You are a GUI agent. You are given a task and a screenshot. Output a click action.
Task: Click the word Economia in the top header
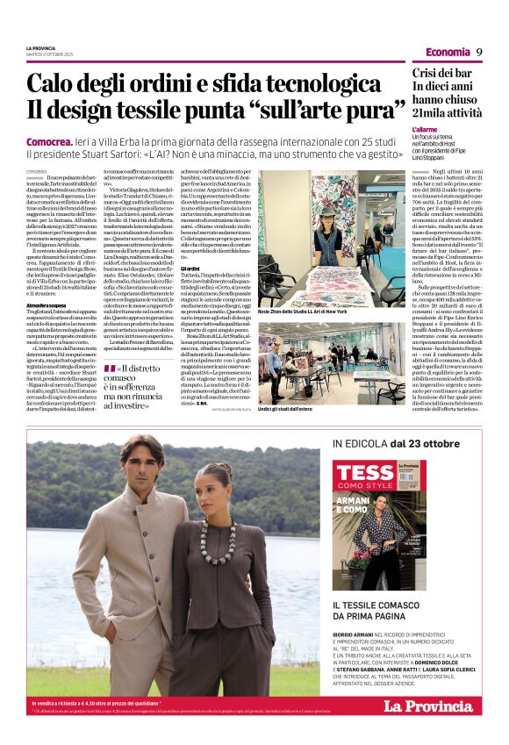(448, 52)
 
